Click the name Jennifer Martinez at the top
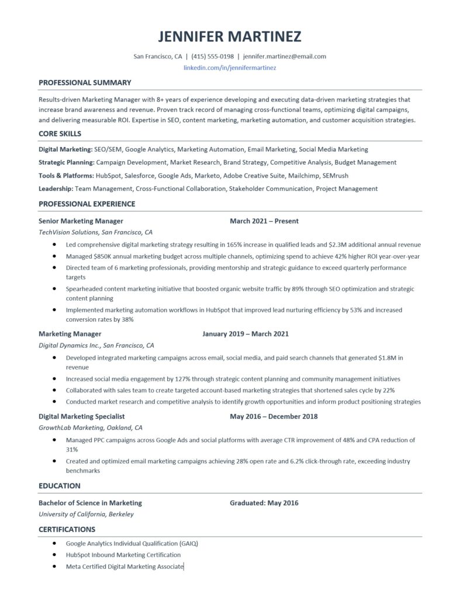click(x=230, y=37)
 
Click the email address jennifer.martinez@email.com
click(x=284, y=57)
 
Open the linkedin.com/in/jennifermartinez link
click(x=230, y=68)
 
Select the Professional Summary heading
click(x=85, y=82)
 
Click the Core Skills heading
click(x=60, y=133)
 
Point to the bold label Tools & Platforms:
click(x=66, y=175)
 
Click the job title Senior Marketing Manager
click(x=81, y=221)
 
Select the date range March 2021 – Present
click(x=264, y=221)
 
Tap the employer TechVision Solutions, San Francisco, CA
click(x=95, y=232)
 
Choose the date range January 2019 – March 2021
click(x=245, y=334)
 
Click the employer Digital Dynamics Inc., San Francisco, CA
click(x=96, y=345)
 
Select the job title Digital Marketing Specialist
click(x=82, y=416)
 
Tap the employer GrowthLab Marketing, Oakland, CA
click(x=91, y=427)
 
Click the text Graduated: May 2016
click(x=264, y=503)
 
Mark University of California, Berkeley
click(x=86, y=514)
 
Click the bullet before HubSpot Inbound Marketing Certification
click(x=54, y=555)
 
